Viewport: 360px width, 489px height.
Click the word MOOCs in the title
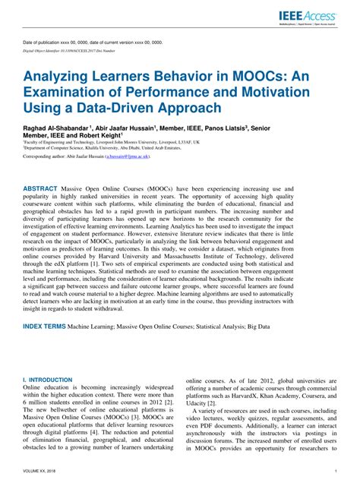point(245,77)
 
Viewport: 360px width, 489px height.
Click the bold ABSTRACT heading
point(45,187)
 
